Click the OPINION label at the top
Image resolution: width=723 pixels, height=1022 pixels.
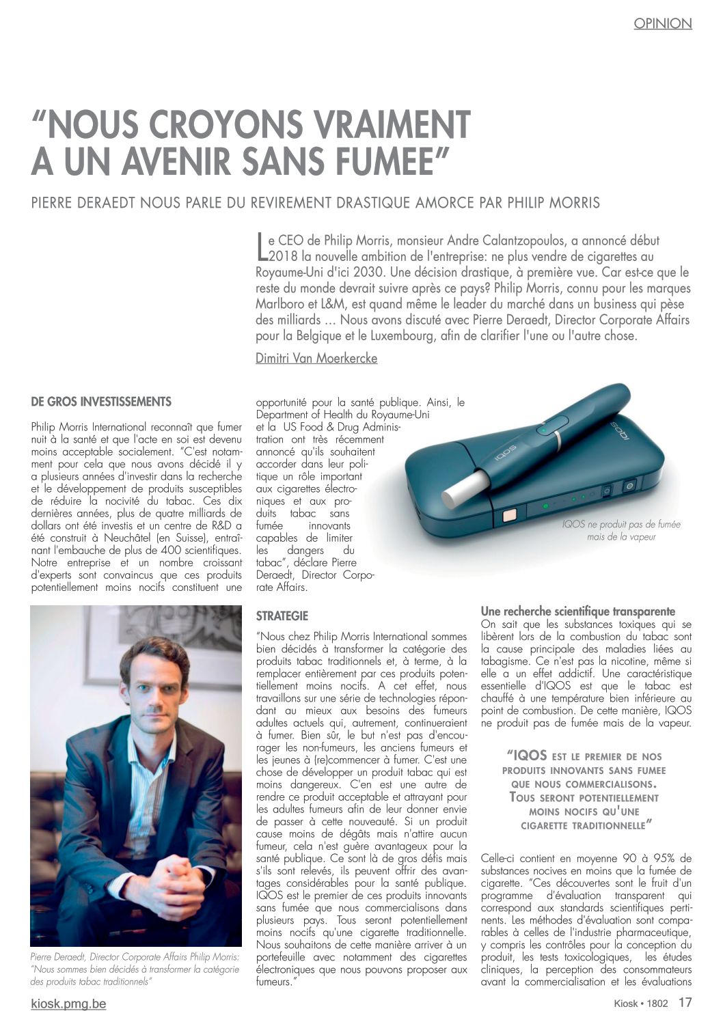[662, 23]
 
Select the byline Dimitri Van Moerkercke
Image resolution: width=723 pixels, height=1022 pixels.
[316, 358]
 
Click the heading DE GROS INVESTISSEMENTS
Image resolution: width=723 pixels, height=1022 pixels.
[101, 401]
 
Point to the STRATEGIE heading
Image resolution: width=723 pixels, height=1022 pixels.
[282, 616]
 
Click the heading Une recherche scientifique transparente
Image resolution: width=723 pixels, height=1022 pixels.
[578, 611]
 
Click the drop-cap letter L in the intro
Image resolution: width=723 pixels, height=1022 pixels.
[260, 247]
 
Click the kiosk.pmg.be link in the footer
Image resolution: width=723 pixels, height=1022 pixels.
[68, 1004]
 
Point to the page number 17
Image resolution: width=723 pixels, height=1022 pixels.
[685, 1003]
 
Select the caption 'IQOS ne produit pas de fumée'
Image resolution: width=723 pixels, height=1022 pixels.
[621, 524]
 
